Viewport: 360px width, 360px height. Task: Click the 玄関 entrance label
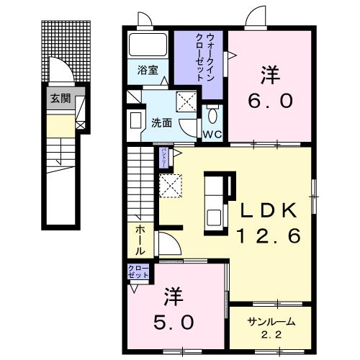pos(60,98)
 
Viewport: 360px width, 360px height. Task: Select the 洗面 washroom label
pos(161,122)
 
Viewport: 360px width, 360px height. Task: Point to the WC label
pos(211,134)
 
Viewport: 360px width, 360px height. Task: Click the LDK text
pos(268,210)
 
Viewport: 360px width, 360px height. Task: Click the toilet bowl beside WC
pos(212,115)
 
